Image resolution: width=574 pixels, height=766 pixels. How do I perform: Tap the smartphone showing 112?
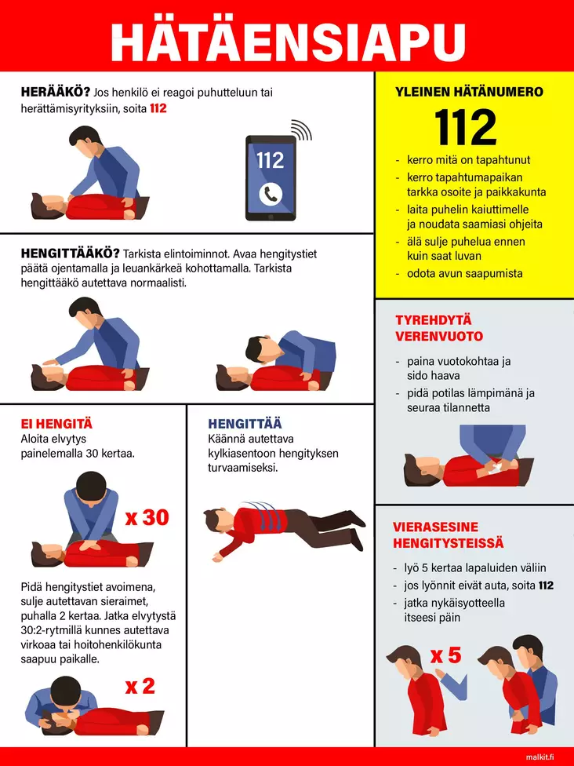(271, 178)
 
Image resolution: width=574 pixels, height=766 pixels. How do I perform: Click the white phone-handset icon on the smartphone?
(271, 195)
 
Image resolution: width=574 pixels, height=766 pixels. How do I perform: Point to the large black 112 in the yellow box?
(465, 127)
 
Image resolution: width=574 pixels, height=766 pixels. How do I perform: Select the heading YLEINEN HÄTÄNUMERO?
(469, 91)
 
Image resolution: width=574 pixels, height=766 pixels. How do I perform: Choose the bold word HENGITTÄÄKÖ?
(71, 254)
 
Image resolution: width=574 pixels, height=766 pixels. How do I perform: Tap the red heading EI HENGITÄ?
(56, 424)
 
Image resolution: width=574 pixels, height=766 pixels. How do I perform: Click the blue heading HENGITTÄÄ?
(245, 424)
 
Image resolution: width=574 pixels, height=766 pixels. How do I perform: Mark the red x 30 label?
(147, 517)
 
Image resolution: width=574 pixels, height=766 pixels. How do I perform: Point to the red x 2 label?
(140, 687)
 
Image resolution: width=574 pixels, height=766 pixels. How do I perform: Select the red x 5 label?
(445, 655)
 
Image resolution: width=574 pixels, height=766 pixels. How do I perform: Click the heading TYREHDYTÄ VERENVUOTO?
(439, 328)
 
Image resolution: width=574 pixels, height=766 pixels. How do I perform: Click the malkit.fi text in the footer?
(540, 757)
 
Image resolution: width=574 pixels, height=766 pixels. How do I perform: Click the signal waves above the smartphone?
(301, 129)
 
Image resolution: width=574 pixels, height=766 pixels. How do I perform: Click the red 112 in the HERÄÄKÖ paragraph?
(158, 108)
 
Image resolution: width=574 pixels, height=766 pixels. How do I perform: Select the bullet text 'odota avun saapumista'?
(465, 274)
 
